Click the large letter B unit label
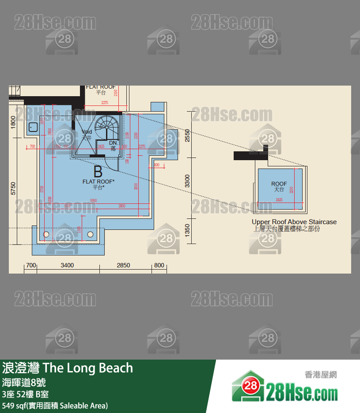(x=98, y=172)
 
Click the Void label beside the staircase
(x=87, y=132)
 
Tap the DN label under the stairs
(x=113, y=143)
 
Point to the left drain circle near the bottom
(x=45, y=234)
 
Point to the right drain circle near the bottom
(x=90, y=234)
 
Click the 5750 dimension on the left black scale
(x=13, y=188)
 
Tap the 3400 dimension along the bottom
(x=67, y=265)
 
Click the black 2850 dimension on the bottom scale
(x=123, y=265)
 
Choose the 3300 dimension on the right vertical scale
(x=187, y=181)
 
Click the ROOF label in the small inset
(x=279, y=184)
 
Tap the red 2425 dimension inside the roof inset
(x=279, y=200)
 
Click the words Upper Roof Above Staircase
(x=294, y=222)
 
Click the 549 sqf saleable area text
(x=55, y=405)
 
